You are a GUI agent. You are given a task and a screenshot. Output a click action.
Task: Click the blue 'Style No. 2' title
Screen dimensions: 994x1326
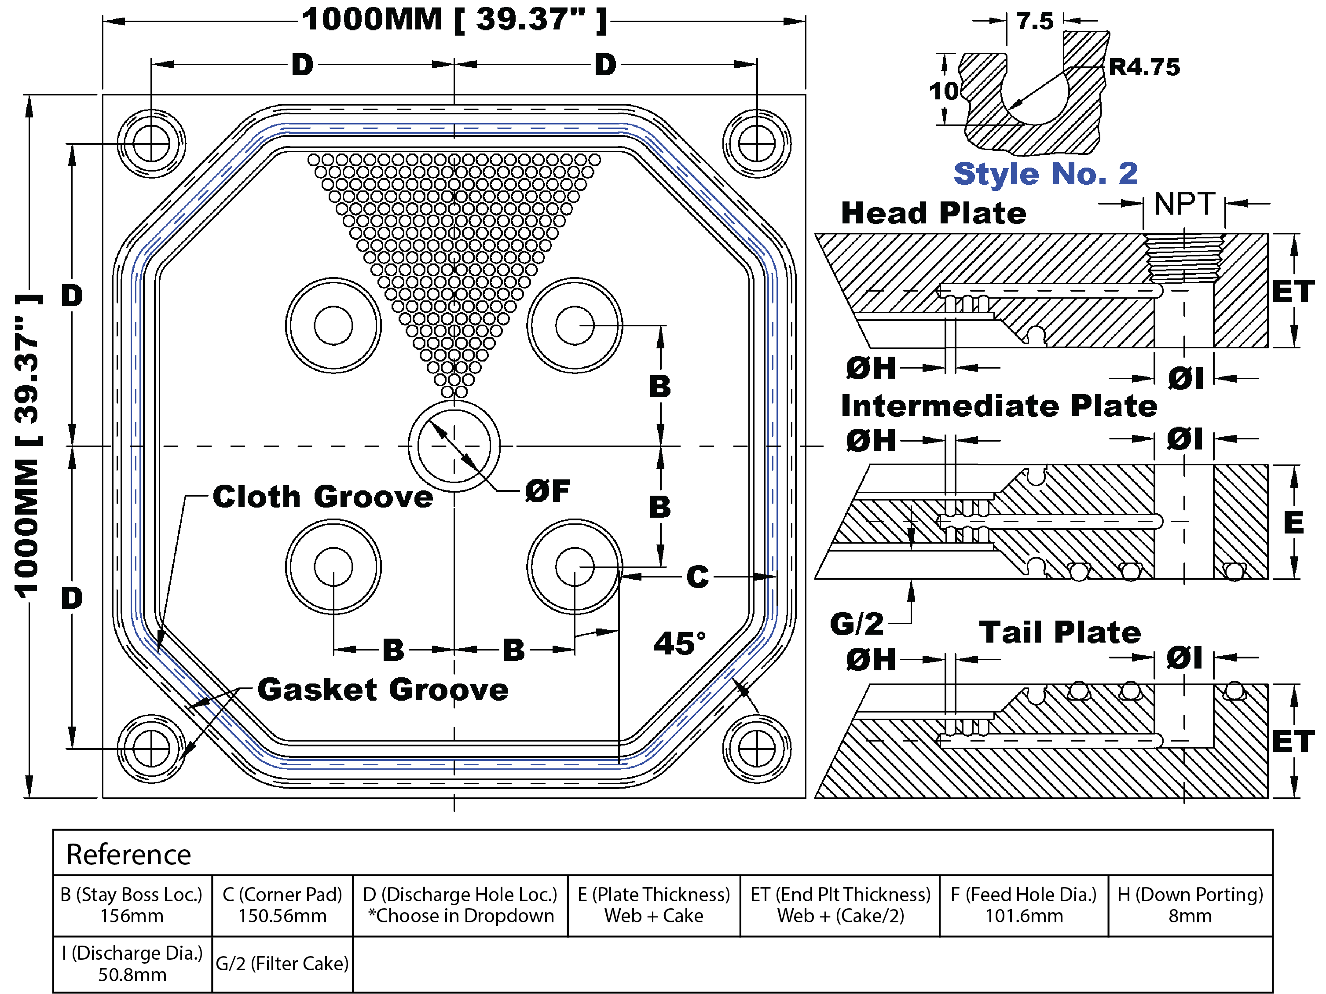click(1045, 174)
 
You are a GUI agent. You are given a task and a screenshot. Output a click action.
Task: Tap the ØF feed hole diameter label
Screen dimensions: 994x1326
click(547, 491)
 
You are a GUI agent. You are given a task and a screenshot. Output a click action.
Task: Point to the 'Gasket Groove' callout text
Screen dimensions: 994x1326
click(382, 690)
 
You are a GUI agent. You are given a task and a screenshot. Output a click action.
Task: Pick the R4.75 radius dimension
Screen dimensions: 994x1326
click(1144, 67)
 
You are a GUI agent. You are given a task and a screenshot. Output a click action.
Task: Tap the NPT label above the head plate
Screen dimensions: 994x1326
click(1184, 205)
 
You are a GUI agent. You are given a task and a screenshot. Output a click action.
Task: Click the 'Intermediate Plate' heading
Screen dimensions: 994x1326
click(999, 406)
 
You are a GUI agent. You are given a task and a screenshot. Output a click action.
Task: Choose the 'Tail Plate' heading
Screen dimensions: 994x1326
click(1060, 633)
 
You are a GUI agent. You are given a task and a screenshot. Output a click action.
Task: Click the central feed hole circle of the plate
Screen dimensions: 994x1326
click(454, 446)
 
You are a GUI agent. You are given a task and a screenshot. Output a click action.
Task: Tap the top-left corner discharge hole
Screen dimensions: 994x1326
click(151, 144)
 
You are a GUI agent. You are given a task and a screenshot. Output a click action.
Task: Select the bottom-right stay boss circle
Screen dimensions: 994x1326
click(574, 567)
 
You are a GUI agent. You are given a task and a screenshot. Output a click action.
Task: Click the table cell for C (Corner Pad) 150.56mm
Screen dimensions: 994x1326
click(282, 905)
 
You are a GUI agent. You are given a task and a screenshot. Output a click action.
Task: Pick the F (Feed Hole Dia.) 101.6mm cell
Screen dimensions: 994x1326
click(1023, 905)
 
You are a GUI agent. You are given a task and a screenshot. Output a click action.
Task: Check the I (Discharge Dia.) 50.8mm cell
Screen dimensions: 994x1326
click(132, 964)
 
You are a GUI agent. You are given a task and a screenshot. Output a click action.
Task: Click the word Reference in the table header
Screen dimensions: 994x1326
click(128, 855)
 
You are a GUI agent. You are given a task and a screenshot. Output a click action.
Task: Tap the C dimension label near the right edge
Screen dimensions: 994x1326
click(697, 577)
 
